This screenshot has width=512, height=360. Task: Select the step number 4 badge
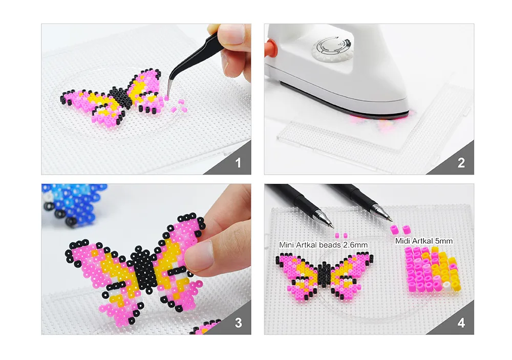[x=461, y=323]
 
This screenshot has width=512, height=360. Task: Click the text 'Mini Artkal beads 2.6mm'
[x=323, y=245]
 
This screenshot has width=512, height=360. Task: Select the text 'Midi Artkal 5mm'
[x=423, y=241]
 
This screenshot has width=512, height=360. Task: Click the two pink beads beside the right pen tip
[x=397, y=228]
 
